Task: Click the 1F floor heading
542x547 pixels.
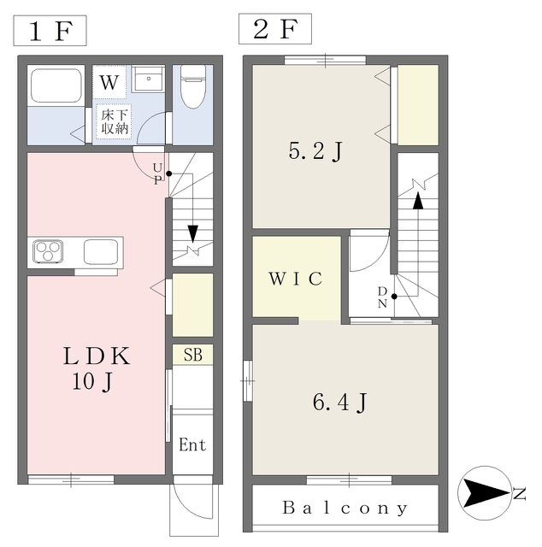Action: (x=50, y=31)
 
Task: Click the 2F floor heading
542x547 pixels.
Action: (x=275, y=29)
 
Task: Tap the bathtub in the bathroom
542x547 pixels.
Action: (x=56, y=85)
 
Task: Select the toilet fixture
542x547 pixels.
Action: (x=192, y=87)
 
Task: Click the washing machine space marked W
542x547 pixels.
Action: (x=109, y=82)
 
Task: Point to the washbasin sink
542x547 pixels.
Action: (x=149, y=79)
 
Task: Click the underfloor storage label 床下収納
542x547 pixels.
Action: (x=114, y=121)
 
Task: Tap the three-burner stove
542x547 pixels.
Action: (x=48, y=250)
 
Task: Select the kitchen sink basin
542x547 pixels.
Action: (x=101, y=251)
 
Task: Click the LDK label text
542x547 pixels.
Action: (x=97, y=356)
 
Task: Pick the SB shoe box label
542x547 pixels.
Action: (x=192, y=355)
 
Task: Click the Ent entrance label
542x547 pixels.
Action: (x=192, y=444)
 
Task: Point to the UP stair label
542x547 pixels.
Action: (x=158, y=174)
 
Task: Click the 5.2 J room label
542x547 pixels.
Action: (x=315, y=152)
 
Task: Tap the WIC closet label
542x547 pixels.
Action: (x=296, y=279)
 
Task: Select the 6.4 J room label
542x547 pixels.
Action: (x=340, y=403)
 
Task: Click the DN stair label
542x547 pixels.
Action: (x=382, y=297)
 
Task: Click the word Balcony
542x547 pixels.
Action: (x=345, y=508)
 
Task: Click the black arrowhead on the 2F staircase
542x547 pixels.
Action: (x=418, y=201)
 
